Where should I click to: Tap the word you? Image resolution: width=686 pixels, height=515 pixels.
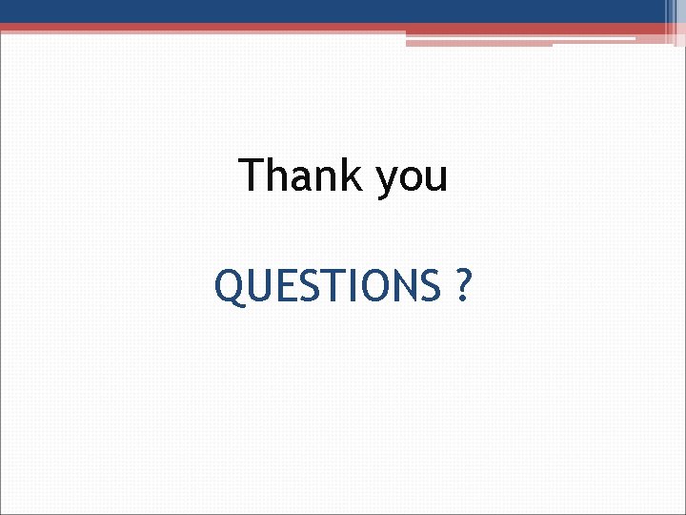point(412,178)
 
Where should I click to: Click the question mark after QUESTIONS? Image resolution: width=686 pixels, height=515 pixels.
point(462,285)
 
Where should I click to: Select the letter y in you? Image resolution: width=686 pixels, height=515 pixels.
point(387,181)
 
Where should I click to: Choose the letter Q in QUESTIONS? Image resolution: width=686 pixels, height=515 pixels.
point(229,286)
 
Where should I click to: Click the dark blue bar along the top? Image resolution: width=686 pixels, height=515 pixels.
point(333,10)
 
